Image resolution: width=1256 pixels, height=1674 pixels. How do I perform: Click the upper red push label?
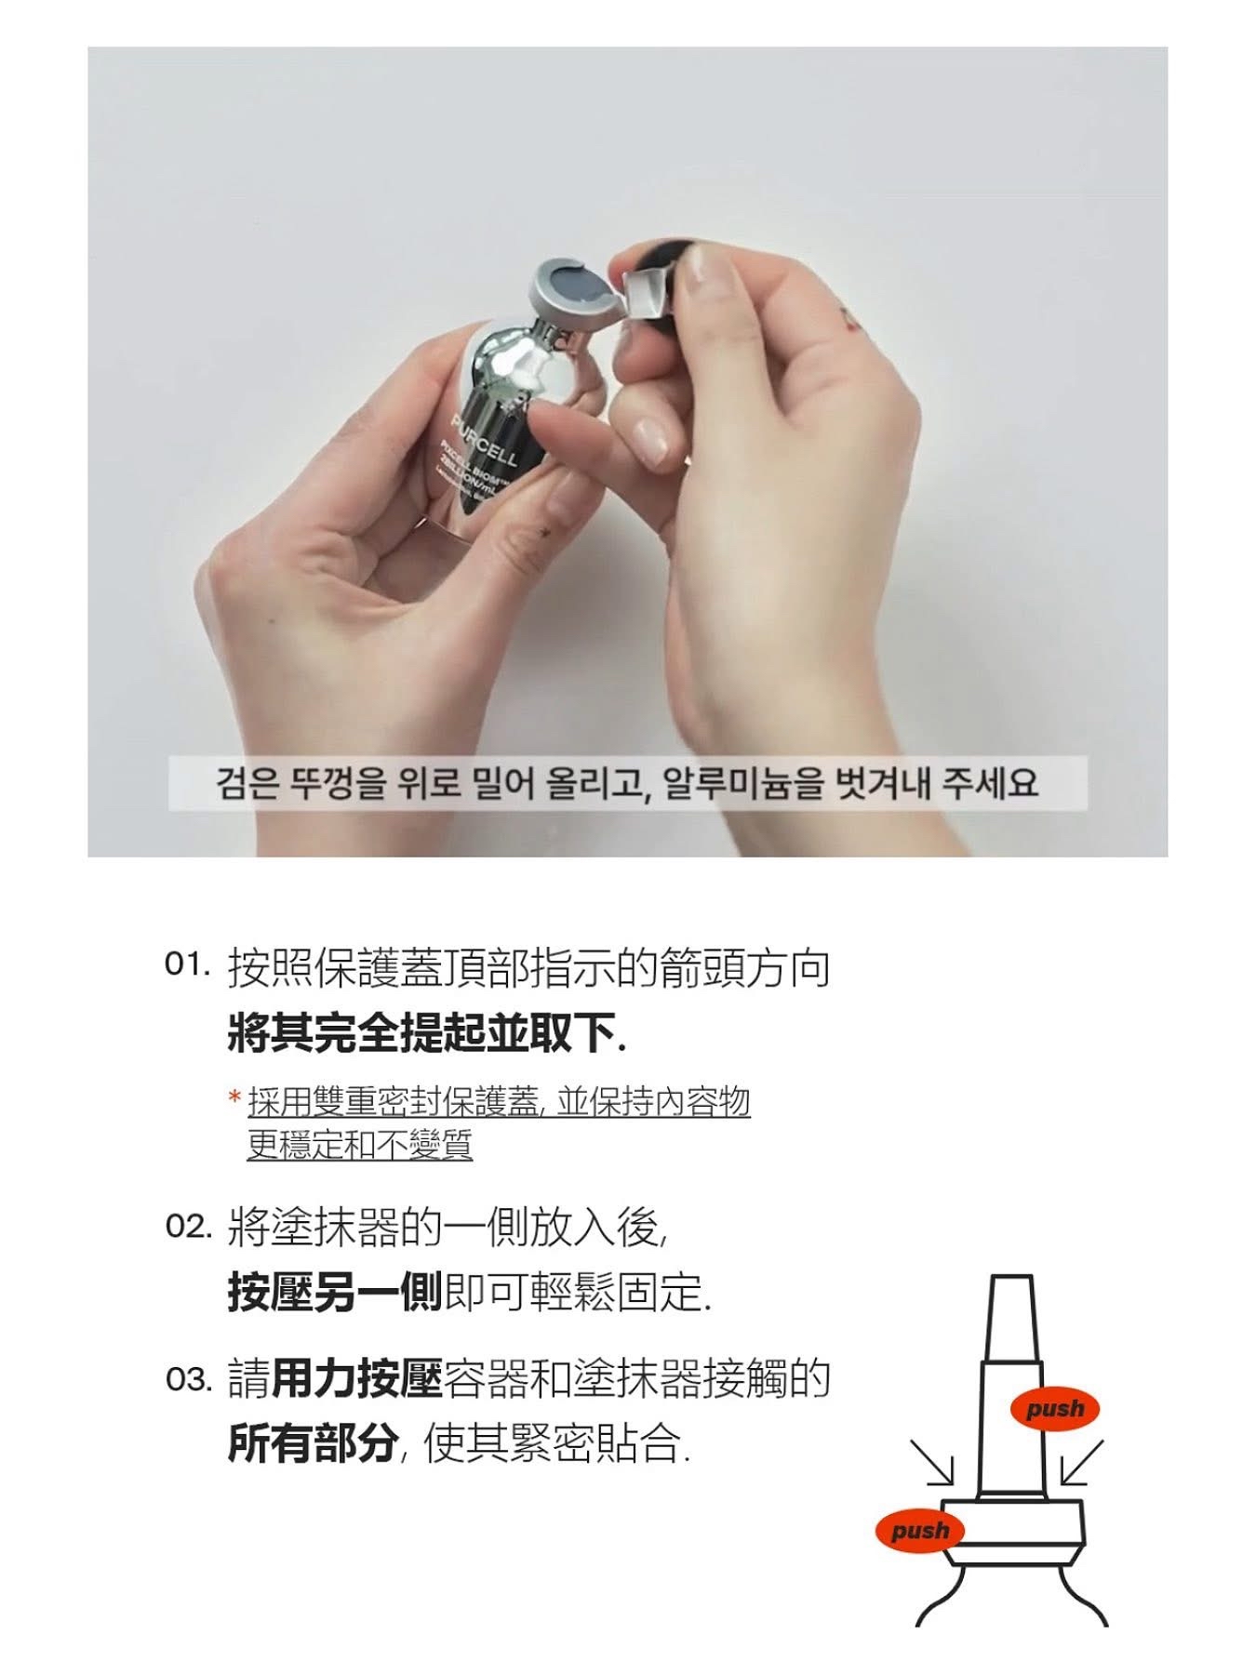1054,1409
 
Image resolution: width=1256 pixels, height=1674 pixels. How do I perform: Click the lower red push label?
920,1531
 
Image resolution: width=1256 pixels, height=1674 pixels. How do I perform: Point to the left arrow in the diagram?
933,1462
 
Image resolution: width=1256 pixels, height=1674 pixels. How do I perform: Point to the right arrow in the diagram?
1081,1462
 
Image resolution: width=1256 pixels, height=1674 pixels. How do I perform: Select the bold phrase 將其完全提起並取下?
424,1033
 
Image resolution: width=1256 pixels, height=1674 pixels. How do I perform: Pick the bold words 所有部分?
313,1444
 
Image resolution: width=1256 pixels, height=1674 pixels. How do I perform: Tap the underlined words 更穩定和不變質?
360,1144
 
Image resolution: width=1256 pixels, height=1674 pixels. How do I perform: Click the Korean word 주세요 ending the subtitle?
989,783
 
